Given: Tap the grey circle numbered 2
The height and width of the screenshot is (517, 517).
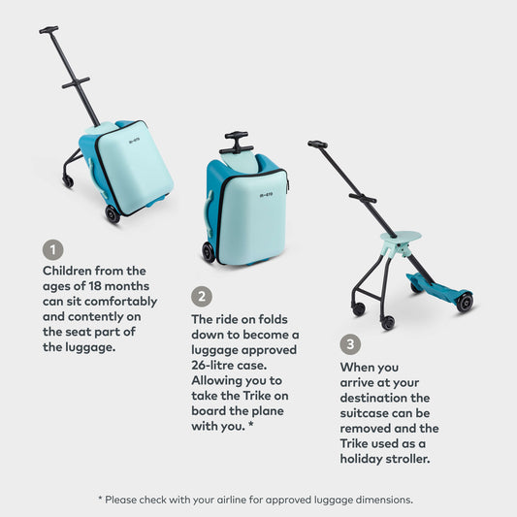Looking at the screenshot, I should point(201,297).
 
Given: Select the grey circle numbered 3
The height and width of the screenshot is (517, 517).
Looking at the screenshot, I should point(350,344).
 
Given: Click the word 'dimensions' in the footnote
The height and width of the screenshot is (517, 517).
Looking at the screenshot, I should point(380,500).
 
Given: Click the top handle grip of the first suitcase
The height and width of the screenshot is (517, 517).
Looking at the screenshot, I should point(48,30).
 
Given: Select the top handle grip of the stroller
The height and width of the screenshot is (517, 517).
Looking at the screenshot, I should point(317,145).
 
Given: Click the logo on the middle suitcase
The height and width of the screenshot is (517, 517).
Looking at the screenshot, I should point(267,193).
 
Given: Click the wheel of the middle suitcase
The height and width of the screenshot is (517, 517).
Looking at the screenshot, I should point(209,252).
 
